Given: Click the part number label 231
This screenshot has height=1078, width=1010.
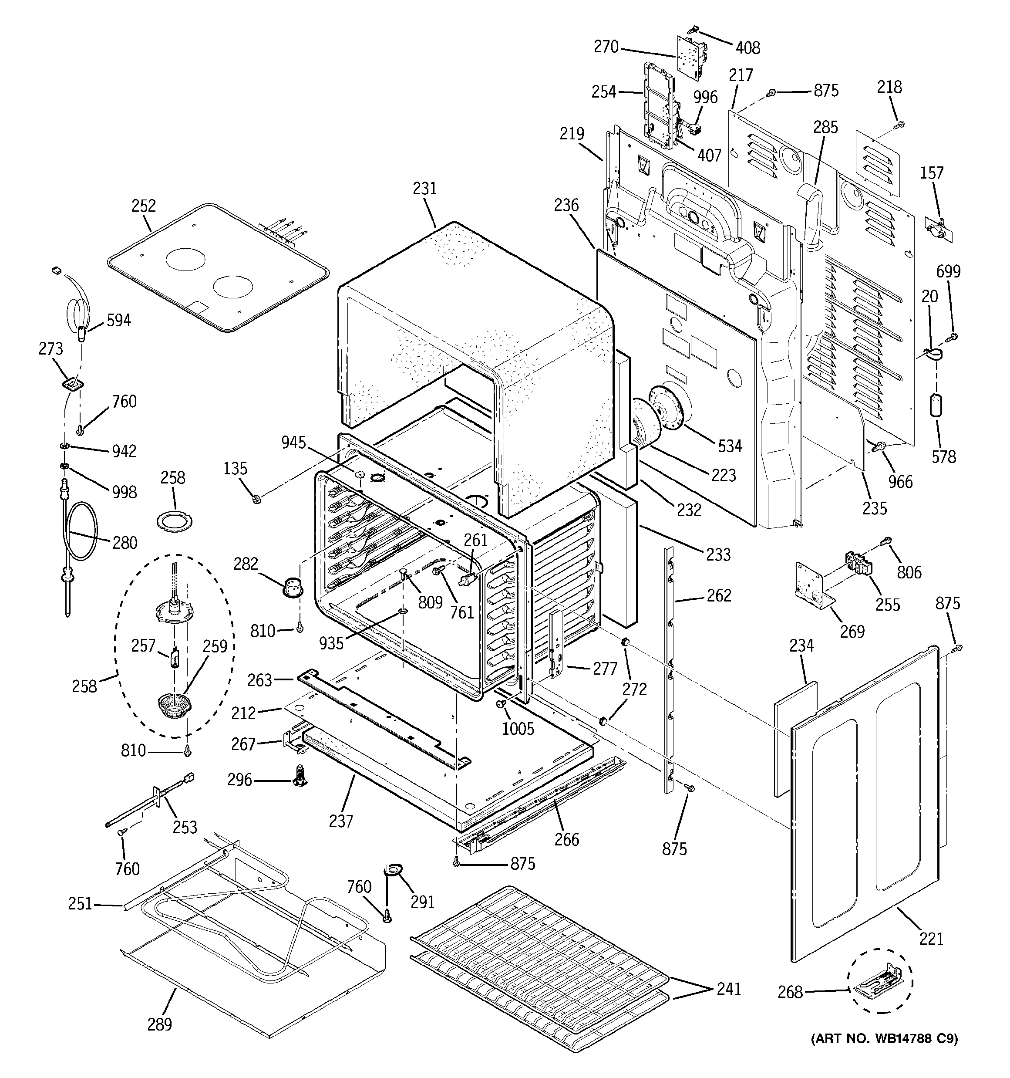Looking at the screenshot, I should (424, 188).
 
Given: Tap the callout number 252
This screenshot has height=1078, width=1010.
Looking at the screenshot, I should (144, 206).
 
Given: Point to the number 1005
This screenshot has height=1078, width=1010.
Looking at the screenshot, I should (518, 728).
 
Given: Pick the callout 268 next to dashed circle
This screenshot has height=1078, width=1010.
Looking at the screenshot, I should (790, 992).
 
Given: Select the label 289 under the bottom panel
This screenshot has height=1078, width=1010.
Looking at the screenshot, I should (159, 1024).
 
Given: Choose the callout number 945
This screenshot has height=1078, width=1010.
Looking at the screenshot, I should (293, 443).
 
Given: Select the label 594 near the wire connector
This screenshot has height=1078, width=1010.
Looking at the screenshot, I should (118, 321).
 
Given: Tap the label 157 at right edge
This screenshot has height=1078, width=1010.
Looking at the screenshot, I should (932, 173).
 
